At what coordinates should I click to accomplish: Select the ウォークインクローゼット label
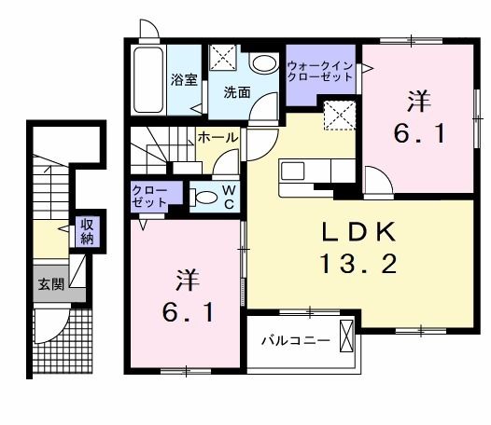[x=320, y=72]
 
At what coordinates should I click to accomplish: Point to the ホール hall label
[x=217, y=138]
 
